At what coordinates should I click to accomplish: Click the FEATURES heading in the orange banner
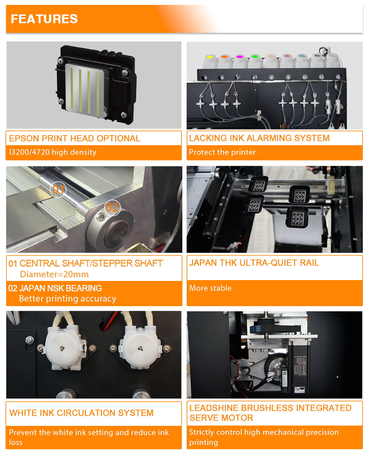(x=44, y=19)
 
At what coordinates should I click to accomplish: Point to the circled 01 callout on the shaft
(x=58, y=189)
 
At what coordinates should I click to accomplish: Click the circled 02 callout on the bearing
(x=112, y=208)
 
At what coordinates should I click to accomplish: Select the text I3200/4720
(x=29, y=152)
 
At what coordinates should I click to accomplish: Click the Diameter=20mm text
(x=54, y=274)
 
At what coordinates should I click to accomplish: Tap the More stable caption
(x=210, y=288)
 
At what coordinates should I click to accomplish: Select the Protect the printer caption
(x=222, y=152)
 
